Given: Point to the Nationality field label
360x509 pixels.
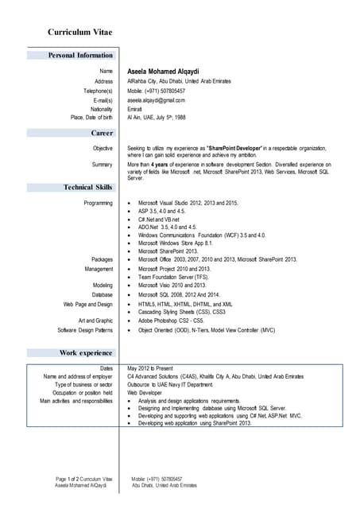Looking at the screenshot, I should tap(99, 109).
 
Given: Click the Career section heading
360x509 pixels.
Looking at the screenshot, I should tap(100, 133).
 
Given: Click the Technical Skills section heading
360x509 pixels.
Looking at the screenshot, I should tap(88, 187).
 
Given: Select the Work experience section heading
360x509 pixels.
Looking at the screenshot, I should tap(86, 352).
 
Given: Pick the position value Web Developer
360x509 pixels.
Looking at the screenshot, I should tap(145, 393).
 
